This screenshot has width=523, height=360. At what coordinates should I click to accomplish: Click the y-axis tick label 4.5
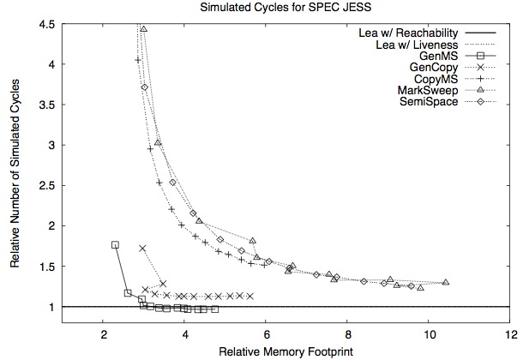[47, 23]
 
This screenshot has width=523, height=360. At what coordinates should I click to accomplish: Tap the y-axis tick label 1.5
[47, 267]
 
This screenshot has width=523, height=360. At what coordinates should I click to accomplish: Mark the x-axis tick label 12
[510, 335]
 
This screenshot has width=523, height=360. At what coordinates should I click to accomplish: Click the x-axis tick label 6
[266, 335]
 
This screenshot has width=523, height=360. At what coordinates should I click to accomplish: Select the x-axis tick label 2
[104, 335]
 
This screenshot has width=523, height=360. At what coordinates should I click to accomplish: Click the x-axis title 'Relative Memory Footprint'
[286, 351]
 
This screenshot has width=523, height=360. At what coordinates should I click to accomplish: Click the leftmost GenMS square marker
[116, 244]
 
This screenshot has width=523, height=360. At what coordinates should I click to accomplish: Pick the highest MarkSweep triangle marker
[143, 29]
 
